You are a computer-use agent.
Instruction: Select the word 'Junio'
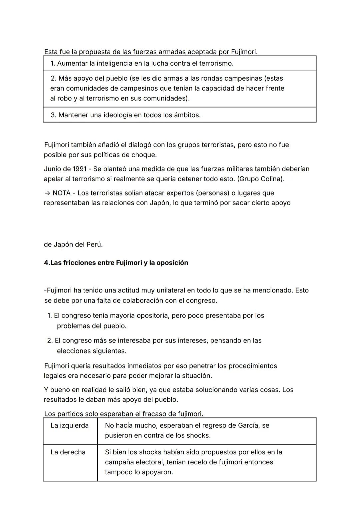[52, 169]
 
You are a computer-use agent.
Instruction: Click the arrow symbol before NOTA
[47, 193]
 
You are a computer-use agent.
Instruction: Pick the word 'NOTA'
[61, 193]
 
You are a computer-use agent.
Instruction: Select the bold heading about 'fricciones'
[116, 263]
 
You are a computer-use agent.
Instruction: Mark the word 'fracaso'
[155, 414]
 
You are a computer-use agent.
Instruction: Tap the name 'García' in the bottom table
[249, 425]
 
